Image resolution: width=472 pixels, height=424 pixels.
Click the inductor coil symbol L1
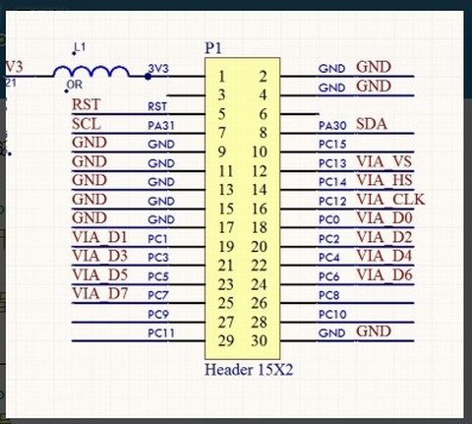[91, 72]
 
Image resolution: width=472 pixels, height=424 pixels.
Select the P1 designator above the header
[213, 48]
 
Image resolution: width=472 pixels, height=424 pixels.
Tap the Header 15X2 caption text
[249, 370]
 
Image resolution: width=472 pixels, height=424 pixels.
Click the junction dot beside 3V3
[147, 77]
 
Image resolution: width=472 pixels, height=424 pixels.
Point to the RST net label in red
[86, 105]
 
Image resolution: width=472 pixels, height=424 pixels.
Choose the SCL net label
[87, 124]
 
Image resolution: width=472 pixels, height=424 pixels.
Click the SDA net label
[372, 124]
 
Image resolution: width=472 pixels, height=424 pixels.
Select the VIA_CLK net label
[390, 200]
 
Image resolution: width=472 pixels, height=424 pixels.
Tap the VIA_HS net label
[384, 180]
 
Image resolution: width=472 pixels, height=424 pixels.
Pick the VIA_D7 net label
[100, 293]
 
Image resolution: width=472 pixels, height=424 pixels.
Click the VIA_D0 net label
[384, 218]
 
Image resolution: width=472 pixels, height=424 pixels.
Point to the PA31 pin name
[161, 126]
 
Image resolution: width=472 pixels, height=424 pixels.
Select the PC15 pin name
[332, 145]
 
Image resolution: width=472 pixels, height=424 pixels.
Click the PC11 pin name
[161, 333]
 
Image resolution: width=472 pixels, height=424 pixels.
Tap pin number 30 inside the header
[259, 341]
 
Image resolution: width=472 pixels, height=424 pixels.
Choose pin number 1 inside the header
[222, 77]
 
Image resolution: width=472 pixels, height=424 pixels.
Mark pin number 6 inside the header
[263, 114]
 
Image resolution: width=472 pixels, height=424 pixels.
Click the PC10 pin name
[332, 315]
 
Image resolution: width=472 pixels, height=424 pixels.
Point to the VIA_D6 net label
[384, 274]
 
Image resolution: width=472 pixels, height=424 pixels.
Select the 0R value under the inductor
[75, 85]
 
